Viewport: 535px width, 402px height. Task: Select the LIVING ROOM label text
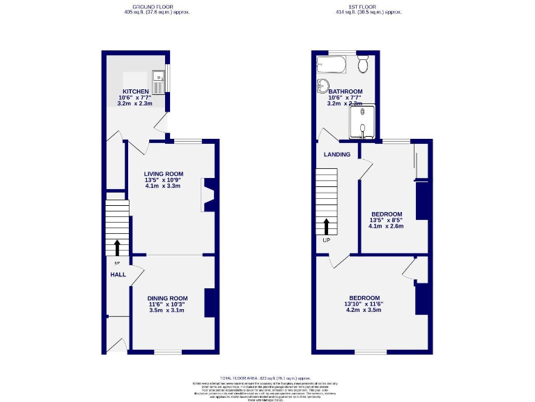tap(164, 174)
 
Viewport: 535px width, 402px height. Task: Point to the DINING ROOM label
tap(167, 298)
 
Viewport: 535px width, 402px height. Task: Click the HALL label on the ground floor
tap(118, 274)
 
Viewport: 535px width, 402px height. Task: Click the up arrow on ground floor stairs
tap(117, 247)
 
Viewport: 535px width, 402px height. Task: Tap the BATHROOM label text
tap(346, 91)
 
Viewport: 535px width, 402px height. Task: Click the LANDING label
tap(336, 154)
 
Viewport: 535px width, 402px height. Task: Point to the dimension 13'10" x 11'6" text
tap(364, 304)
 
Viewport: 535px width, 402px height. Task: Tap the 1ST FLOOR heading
tap(369, 6)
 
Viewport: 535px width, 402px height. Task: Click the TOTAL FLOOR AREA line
tap(267, 378)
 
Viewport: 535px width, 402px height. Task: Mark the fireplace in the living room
tap(208, 195)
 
